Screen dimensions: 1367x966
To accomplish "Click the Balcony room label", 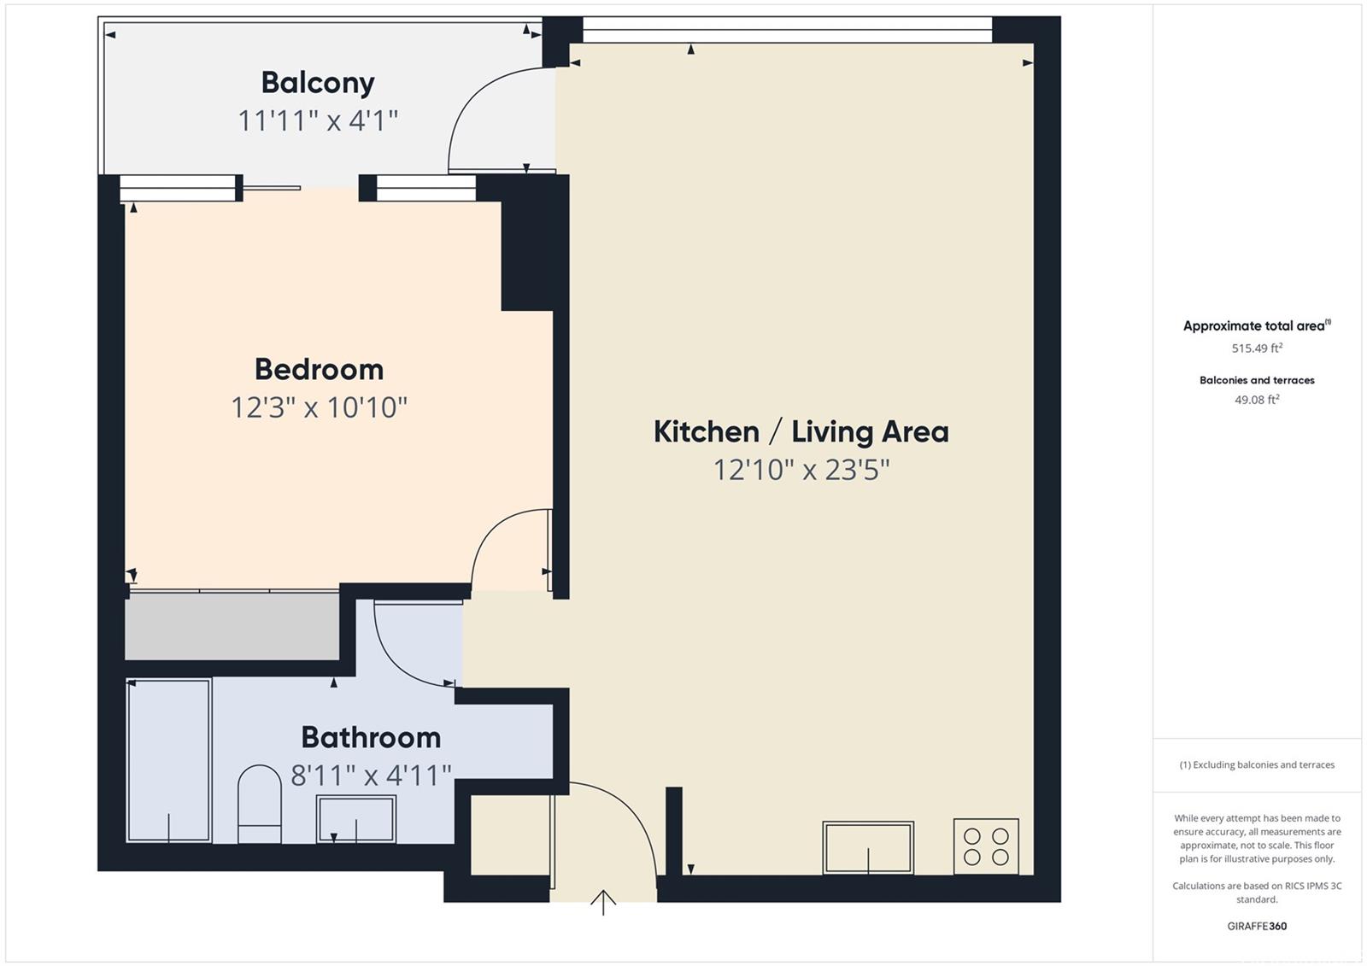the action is (318, 84).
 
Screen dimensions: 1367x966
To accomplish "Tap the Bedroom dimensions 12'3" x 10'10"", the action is (320, 407).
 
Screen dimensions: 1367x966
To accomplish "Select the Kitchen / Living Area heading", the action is (801, 432).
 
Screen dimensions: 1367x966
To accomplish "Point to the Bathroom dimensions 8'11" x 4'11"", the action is (371, 776).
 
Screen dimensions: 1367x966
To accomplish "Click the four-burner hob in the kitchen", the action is (986, 846).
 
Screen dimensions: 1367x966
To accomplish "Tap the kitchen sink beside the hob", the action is (868, 847).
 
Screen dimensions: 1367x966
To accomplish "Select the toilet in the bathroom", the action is (260, 805).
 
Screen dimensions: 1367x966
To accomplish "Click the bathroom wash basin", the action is (355, 819).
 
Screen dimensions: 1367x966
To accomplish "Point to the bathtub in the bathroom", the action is (169, 760).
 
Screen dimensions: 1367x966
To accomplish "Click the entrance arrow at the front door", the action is (603, 903).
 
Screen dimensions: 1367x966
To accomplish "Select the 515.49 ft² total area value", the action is (1257, 348).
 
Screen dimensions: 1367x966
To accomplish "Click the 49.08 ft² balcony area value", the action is (1257, 400).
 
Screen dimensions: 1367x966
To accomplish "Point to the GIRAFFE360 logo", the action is (1257, 926).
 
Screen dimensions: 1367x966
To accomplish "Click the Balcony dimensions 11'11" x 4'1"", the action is (318, 120).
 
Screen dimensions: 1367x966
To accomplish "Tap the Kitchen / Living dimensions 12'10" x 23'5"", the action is (801, 470).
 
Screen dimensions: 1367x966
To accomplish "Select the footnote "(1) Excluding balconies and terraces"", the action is (1257, 764).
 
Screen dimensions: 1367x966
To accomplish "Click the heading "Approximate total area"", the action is (1256, 326).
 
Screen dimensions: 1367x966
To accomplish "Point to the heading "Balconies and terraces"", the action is (1257, 380).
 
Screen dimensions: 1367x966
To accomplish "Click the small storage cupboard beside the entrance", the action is (510, 834).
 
